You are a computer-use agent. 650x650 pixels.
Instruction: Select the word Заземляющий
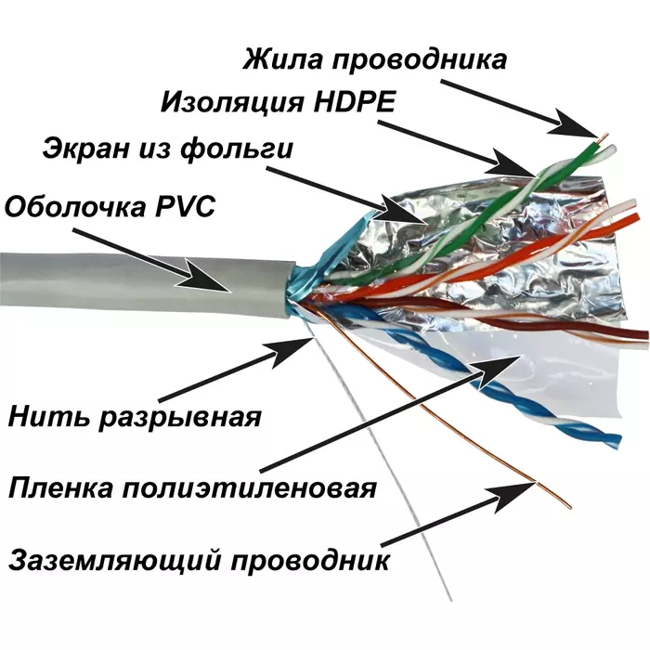(115, 561)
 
